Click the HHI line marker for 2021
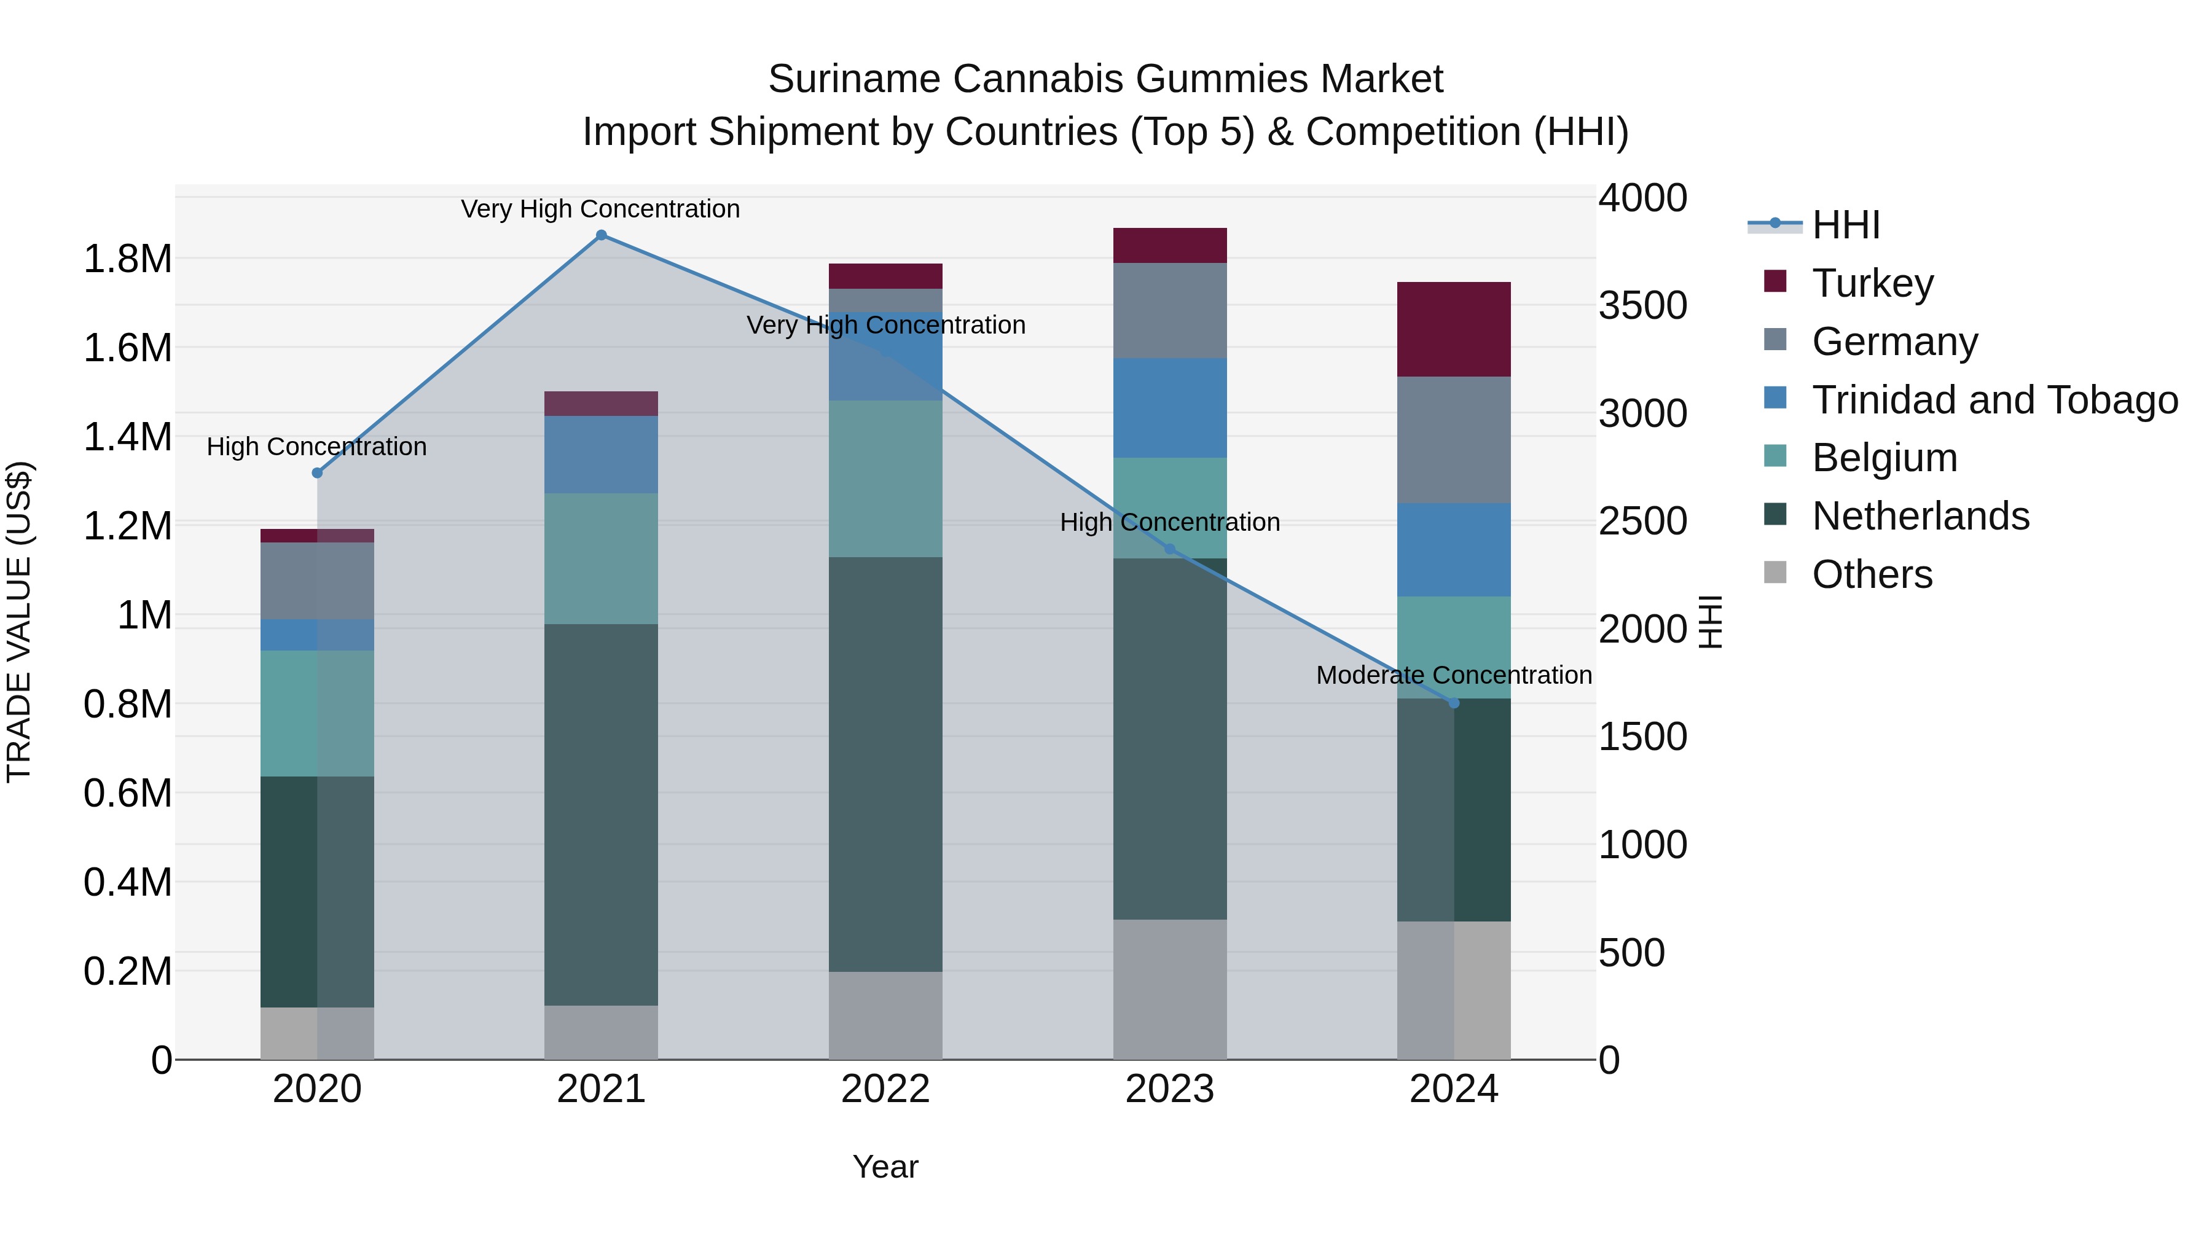[601, 235]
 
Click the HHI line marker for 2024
[1454, 703]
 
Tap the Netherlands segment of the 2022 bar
[885, 764]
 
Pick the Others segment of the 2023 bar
[1169, 989]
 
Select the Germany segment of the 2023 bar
[1169, 310]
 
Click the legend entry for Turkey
[1872, 283]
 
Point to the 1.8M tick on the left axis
[128, 259]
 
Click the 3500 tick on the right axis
[1642, 306]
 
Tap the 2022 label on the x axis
[885, 1089]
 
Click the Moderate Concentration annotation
[1454, 676]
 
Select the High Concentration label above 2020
[317, 447]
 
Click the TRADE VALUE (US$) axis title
[19, 622]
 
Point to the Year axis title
[885, 1167]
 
